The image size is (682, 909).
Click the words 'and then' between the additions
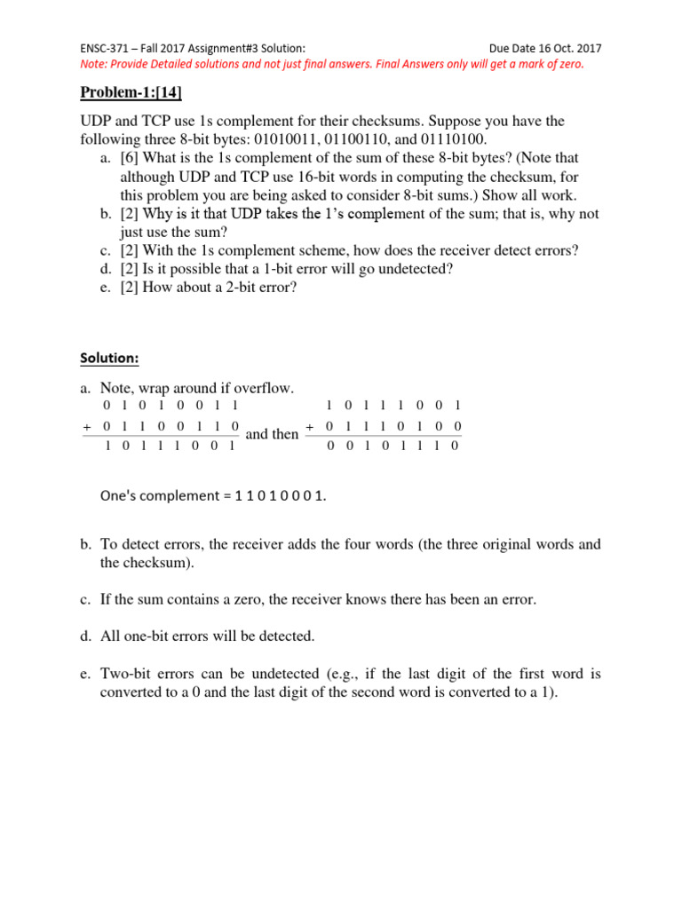tap(272, 434)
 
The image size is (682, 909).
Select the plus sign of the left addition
tap(87, 427)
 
